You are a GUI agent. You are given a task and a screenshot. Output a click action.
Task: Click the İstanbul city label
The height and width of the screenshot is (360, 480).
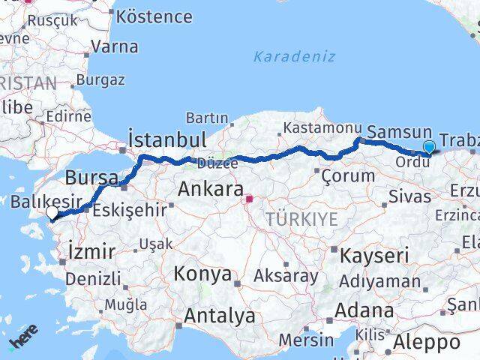[166, 139]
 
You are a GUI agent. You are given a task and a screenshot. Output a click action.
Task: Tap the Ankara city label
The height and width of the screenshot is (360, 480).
[210, 190]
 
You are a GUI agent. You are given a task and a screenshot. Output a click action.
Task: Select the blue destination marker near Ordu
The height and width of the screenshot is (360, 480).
[429, 147]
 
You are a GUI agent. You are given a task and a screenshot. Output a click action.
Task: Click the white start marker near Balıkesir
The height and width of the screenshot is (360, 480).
[52, 214]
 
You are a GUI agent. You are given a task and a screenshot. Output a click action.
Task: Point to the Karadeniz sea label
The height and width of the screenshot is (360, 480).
[294, 56]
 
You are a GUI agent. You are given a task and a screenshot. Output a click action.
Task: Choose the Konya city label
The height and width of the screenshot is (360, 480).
[202, 274]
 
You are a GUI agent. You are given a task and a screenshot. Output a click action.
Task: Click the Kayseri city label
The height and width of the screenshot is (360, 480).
[374, 256]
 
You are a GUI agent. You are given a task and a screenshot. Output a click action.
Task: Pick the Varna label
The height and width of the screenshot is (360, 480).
[114, 46]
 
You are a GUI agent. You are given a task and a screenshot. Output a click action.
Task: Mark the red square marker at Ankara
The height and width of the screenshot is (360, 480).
[249, 199]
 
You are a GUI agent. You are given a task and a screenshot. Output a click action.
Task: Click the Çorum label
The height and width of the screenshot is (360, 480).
[347, 177]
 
